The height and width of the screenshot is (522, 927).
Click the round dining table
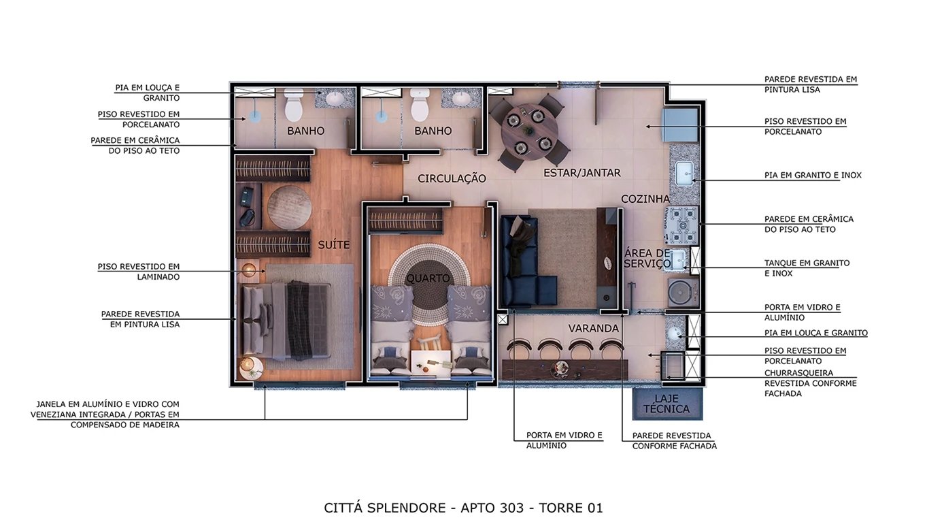[529, 132]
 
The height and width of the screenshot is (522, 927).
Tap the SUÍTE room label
[333, 245]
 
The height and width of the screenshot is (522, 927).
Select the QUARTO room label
[428, 278]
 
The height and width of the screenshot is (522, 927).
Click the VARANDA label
[594, 329]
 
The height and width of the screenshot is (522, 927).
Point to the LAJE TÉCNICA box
[667, 404]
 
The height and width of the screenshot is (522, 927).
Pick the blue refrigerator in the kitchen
[680, 125]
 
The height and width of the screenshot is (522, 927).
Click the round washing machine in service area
[682, 292]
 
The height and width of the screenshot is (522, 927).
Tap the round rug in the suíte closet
[289, 208]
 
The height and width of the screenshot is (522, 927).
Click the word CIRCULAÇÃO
[452, 179]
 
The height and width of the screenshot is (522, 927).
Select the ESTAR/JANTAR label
[582, 173]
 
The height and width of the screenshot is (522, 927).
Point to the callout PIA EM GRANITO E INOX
[813, 175]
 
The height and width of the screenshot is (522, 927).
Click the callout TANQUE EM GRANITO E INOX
[807, 268]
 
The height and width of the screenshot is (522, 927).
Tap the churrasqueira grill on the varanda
[673, 365]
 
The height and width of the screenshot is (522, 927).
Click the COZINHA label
[645, 199]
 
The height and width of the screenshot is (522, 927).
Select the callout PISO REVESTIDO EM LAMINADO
[139, 272]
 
